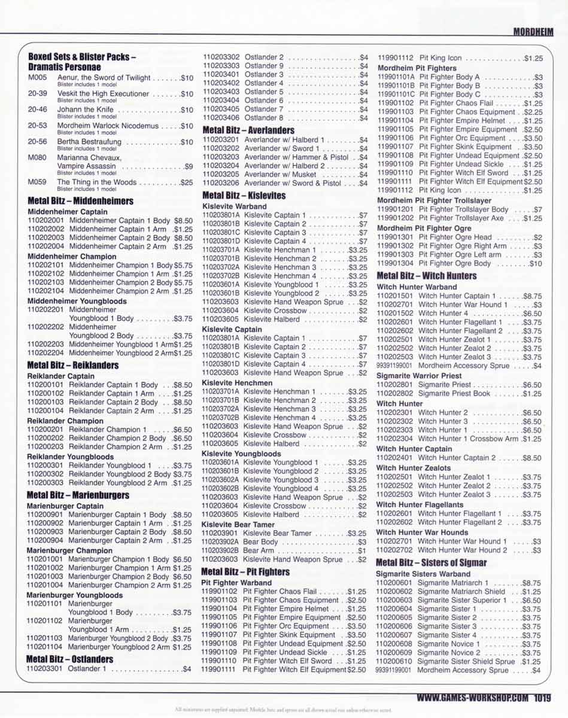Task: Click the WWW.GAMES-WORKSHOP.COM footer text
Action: [472, 697]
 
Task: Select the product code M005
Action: [37, 78]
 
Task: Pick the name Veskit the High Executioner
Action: [103, 94]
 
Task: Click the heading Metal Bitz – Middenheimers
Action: [80, 201]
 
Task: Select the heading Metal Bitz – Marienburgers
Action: [78, 495]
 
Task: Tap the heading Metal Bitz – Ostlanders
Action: [69, 659]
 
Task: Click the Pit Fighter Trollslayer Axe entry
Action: [464, 218]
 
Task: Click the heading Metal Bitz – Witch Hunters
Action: [426, 276]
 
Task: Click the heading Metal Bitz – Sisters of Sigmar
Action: [431, 562]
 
